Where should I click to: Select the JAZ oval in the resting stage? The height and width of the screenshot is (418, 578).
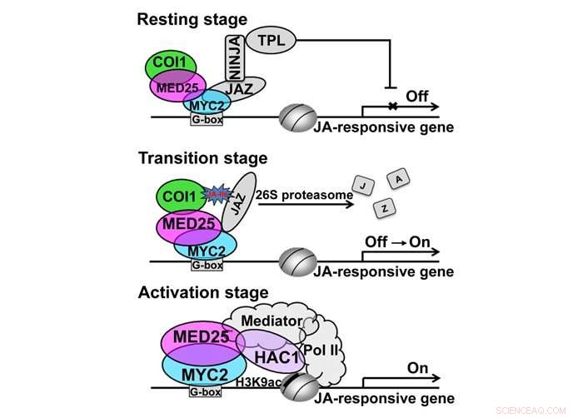click(239, 87)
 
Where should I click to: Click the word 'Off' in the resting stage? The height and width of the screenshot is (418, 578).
click(417, 97)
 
